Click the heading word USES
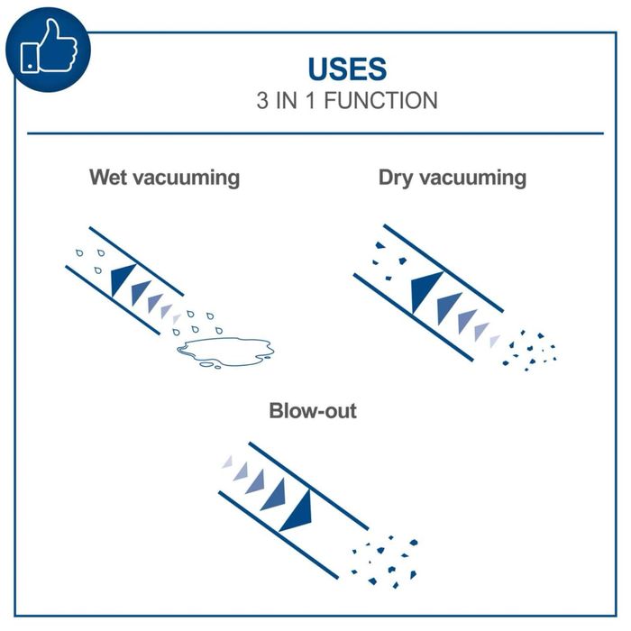[347, 69]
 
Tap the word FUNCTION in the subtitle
[380, 100]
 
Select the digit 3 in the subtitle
[262, 100]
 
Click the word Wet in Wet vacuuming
[108, 177]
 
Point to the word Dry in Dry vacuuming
[396, 178]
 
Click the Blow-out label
[313, 411]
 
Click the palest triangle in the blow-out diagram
[228, 462]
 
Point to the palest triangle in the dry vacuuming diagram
[495, 341]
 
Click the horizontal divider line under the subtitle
[315, 133]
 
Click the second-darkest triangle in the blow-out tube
[275, 496]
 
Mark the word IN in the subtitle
[287, 100]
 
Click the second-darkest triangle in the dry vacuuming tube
[447, 307]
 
